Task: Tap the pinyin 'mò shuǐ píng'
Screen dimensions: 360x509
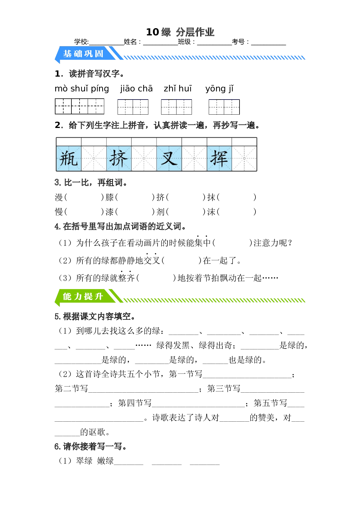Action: [x=82, y=89]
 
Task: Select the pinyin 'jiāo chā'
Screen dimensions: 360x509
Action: [x=136, y=89]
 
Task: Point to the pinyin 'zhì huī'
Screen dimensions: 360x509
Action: [x=178, y=89]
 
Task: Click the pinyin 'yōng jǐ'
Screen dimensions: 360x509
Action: [x=219, y=89]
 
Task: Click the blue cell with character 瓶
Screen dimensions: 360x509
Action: [x=69, y=158]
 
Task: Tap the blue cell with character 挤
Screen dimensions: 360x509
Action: [x=119, y=158]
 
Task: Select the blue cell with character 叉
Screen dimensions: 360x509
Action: [x=169, y=158]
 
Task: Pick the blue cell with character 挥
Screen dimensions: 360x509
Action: [x=219, y=158]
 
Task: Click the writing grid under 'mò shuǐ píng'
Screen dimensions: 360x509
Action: [x=80, y=106]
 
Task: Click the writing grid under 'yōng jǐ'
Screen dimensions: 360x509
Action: [x=224, y=107]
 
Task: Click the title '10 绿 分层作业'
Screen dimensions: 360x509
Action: [x=180, y=32]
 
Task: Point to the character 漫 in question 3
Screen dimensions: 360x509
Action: [x=59, y=197]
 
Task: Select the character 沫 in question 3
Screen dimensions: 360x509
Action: [x=211, y=212]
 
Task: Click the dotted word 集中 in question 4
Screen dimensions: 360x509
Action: [x=202, y=243]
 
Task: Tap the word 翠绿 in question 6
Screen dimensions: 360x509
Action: [x=84, y=461]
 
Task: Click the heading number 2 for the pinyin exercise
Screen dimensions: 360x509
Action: [x=57, y=125]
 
